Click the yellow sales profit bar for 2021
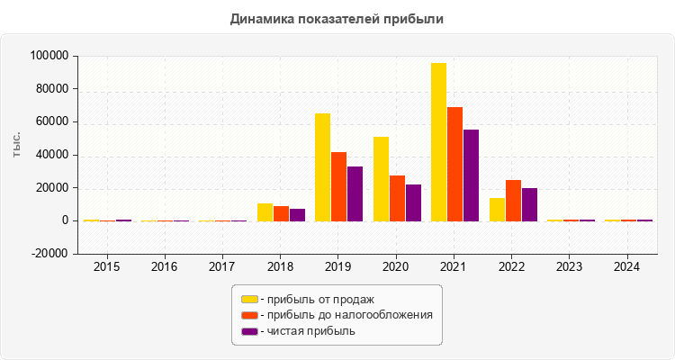coord(438,142)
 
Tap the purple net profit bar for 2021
coord(471,175)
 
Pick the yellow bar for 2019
coord(322,167)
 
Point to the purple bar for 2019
coord(355,193)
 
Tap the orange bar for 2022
coord(513,201)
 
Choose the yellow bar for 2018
coord(265,212)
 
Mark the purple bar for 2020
coord(413,202)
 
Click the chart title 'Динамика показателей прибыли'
coord(337,18)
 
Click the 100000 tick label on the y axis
coord(49,56)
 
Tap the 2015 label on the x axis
coord(106,267)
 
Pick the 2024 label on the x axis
coord(627,267)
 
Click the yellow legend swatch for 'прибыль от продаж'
coord(249,299)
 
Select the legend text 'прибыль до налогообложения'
coord(346,315)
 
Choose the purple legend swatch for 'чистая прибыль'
coord(249,331)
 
